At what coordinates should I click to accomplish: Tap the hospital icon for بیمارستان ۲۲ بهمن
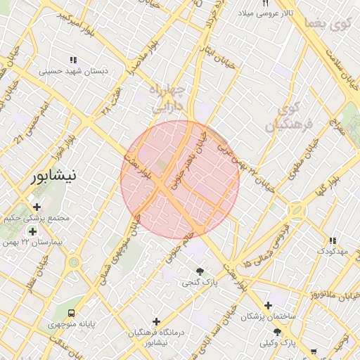[32, 231]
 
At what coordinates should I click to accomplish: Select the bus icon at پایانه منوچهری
[70, 312]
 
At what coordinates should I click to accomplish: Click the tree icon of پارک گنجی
[200, 271]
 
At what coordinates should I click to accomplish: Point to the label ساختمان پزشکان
[268, 318]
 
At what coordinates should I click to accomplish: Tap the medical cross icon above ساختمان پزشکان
[268, 306]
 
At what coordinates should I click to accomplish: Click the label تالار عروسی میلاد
[264, 13]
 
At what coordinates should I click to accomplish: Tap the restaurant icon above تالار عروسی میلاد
[265, 3]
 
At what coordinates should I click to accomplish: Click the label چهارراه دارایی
[168, 99]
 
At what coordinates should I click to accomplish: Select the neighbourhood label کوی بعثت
[328, 25]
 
